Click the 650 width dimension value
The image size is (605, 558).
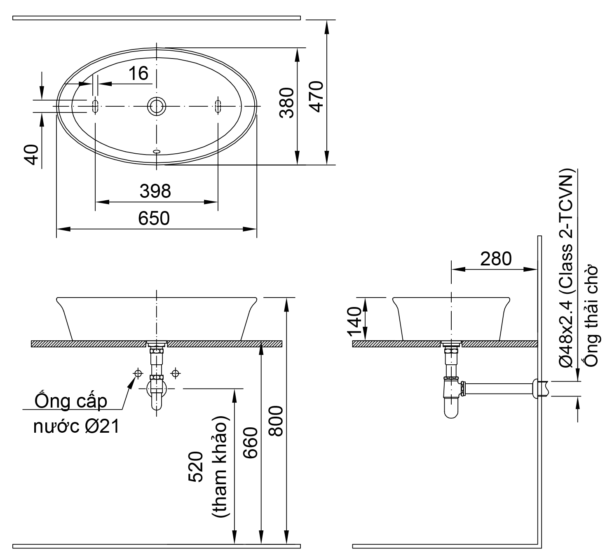pyautogui.click(x=154, y=218)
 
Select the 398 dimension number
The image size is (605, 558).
pyautogui.click(x=155, y=191)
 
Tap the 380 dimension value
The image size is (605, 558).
pyautogui.click(x=287, y=103)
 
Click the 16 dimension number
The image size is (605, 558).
pyautogui.click(x=138, y=73)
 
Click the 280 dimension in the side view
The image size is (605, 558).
pyautogui.click(x=496, y=259)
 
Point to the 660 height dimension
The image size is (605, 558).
pyautogui.click(x=250, y=443)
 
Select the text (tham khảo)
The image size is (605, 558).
pyautogui.click(x=220, y=466)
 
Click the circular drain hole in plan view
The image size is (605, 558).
pyautogui.click(x=157, y=106)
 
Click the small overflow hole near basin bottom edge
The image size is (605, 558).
pyautogui.click(x=157, y=152)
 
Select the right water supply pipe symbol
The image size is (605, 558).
pyautogui.click(x=176, y=373)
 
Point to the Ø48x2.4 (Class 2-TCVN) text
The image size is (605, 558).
pyautogui.click(x=567, y=268)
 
